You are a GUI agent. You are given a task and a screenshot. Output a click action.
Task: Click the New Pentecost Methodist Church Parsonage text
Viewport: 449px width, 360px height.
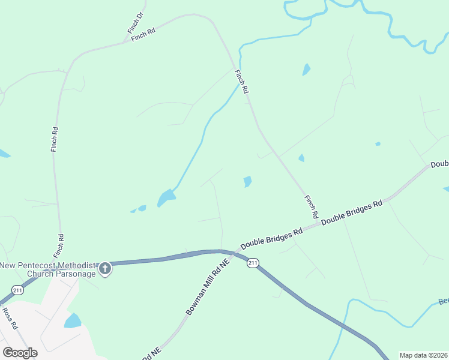47,269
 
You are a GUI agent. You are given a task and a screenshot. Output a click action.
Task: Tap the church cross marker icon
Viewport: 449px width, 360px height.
105,268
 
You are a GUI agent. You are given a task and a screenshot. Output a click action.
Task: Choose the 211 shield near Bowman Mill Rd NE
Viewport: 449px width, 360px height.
253,263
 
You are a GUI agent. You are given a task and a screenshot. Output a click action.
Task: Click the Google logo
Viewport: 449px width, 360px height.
20,353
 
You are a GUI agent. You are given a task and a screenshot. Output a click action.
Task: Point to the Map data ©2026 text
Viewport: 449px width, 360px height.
424,355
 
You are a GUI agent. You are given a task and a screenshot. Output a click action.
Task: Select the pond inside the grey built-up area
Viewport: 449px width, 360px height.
73,320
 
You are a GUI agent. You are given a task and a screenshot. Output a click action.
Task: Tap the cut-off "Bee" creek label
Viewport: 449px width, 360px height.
443,301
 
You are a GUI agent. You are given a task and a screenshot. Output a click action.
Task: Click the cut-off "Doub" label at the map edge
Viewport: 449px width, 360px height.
439,164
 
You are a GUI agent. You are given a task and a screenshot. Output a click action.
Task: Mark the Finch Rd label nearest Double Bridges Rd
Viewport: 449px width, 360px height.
311,206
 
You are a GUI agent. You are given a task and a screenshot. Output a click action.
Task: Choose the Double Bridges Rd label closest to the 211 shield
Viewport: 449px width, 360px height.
271,239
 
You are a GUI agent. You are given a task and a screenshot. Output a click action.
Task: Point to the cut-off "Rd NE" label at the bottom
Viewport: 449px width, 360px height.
151,355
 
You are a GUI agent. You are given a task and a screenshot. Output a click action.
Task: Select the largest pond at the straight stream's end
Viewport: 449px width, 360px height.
166,197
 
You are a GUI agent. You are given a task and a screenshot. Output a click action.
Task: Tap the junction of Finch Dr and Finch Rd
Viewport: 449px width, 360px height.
125,41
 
